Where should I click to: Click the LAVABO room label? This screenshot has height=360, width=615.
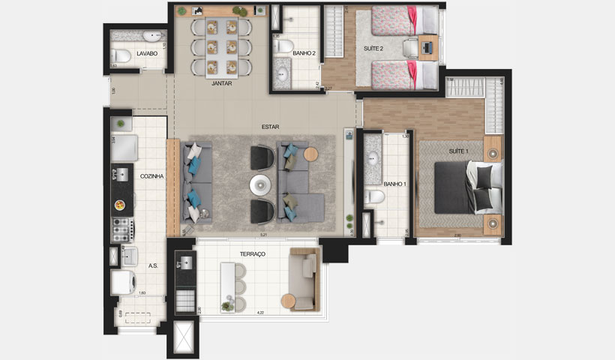click(147, 54)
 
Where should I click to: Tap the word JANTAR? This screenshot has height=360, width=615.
click(222, 84)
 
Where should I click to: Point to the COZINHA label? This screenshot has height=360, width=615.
click(151, 176)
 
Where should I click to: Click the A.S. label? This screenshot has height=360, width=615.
click(152, 265)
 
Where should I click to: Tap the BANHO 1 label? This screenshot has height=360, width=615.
click(394, 184)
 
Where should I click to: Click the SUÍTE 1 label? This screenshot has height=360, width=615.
click(459, 152)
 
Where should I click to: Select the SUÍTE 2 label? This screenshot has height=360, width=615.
click(374, 49)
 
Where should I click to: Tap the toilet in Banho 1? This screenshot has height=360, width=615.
click(375, 197)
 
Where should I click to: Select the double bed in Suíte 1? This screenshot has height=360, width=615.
click(468, 187)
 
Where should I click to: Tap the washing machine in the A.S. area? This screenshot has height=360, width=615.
click(123, 283)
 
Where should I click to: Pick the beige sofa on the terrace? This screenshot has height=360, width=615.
click(304, 280)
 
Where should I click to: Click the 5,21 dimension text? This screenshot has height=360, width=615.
click(262, 235)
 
